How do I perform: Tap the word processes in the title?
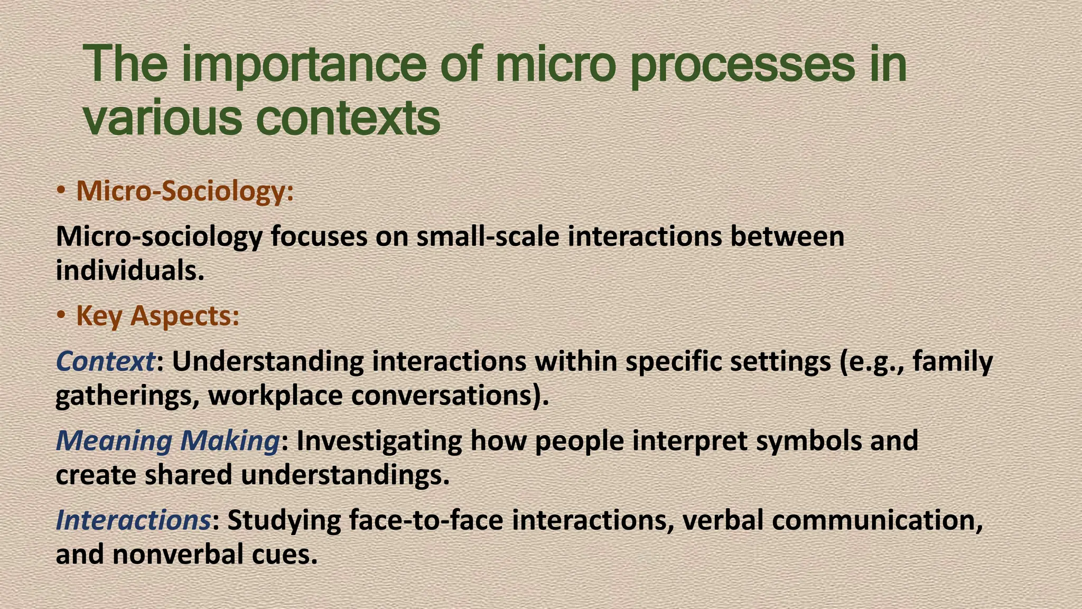[x=742, y=66]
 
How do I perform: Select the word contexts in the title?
[x=348, y=118]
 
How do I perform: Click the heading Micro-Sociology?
[x=185, y=191]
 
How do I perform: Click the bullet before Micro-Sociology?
[x=62, y=191]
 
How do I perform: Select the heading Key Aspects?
[x=157, y=316]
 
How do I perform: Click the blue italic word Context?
[x=105, y=362]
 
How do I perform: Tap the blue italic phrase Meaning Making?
[x=167, y=440]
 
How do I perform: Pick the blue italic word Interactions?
[x=133, y=520]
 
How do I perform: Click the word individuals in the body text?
[x=129, y=270]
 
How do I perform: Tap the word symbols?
[x=809, y=440]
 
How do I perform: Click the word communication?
[x=877, y=520]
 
